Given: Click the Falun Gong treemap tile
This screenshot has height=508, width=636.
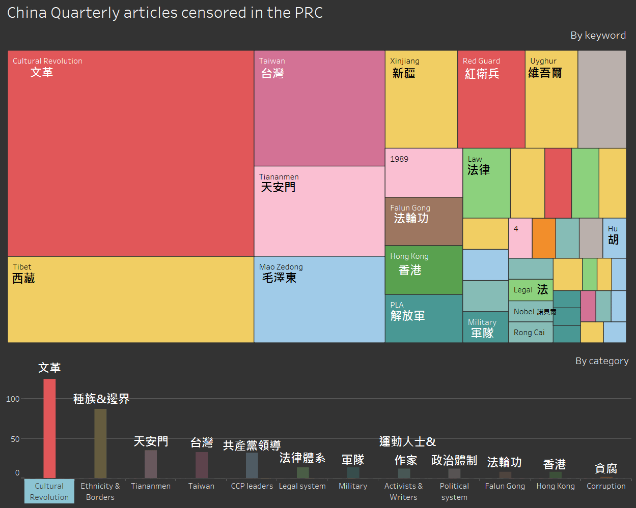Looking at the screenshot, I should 424,222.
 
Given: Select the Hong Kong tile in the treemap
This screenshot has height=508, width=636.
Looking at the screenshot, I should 424,270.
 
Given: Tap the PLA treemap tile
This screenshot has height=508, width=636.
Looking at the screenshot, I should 424,318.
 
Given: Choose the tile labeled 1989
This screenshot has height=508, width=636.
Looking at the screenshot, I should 424,173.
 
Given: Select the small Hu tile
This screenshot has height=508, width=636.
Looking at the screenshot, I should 614,238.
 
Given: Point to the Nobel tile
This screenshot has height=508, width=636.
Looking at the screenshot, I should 531,312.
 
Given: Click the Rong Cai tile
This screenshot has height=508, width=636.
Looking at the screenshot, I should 530,333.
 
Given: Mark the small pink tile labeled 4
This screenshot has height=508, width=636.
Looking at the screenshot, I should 520,238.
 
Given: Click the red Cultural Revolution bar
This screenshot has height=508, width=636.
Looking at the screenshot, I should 49,428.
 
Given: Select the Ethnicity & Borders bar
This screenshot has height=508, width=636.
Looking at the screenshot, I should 100,443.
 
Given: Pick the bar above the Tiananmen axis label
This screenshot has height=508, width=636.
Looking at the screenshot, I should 151,464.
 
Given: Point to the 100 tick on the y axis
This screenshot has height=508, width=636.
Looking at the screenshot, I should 13,399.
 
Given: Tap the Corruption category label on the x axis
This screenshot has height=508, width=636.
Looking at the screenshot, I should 606,486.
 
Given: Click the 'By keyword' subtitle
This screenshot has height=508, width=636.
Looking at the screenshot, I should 598,36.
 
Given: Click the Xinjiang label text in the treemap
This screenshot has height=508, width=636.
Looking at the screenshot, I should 405,61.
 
